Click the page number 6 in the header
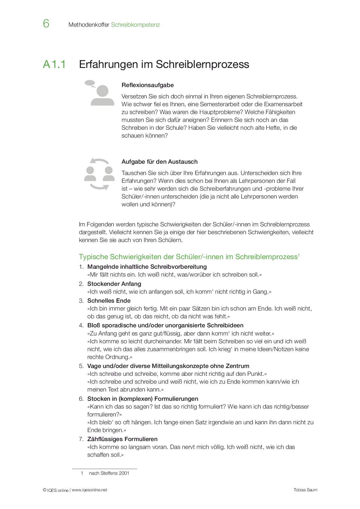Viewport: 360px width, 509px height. point(46,24)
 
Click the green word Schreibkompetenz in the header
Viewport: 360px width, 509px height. point(135,25)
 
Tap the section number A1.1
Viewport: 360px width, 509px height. point(54,64)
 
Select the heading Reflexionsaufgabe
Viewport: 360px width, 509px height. point(147,85)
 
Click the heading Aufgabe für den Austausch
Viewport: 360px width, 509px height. point(159,162)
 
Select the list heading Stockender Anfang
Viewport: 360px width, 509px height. point(114,284)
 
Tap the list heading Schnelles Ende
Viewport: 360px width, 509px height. point(109,301)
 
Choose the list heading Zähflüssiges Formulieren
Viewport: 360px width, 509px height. point(122,439)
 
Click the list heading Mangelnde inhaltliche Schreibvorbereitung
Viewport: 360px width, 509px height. point(147,267)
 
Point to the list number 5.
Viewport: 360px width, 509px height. point(81,366)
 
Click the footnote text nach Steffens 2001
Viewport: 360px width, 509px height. point(109,473)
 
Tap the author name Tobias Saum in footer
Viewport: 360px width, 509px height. point(305,490)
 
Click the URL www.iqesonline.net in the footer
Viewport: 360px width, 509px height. point(89,490)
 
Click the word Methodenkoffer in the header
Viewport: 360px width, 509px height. point(89,25)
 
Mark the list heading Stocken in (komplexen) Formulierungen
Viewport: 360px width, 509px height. point(143,399)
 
